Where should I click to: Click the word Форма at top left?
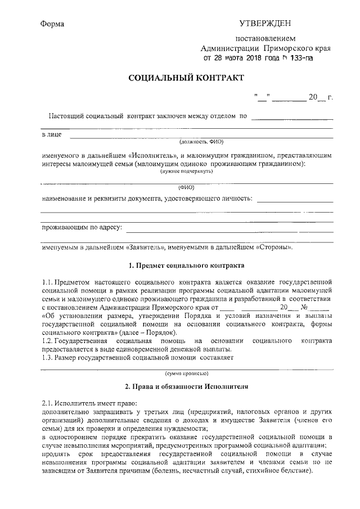(53, 24)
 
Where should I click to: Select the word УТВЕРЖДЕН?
(265, 24)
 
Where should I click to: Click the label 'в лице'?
(52, 135)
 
